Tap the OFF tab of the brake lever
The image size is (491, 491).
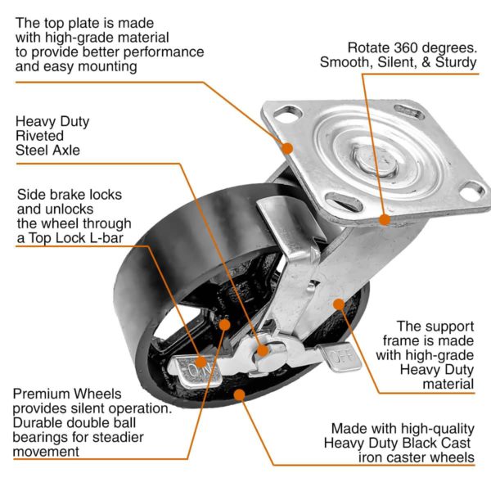(336, 357)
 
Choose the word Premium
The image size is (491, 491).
(41, 394)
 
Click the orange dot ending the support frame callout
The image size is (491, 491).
(337, 304)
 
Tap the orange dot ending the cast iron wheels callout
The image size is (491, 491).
(240, 395)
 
